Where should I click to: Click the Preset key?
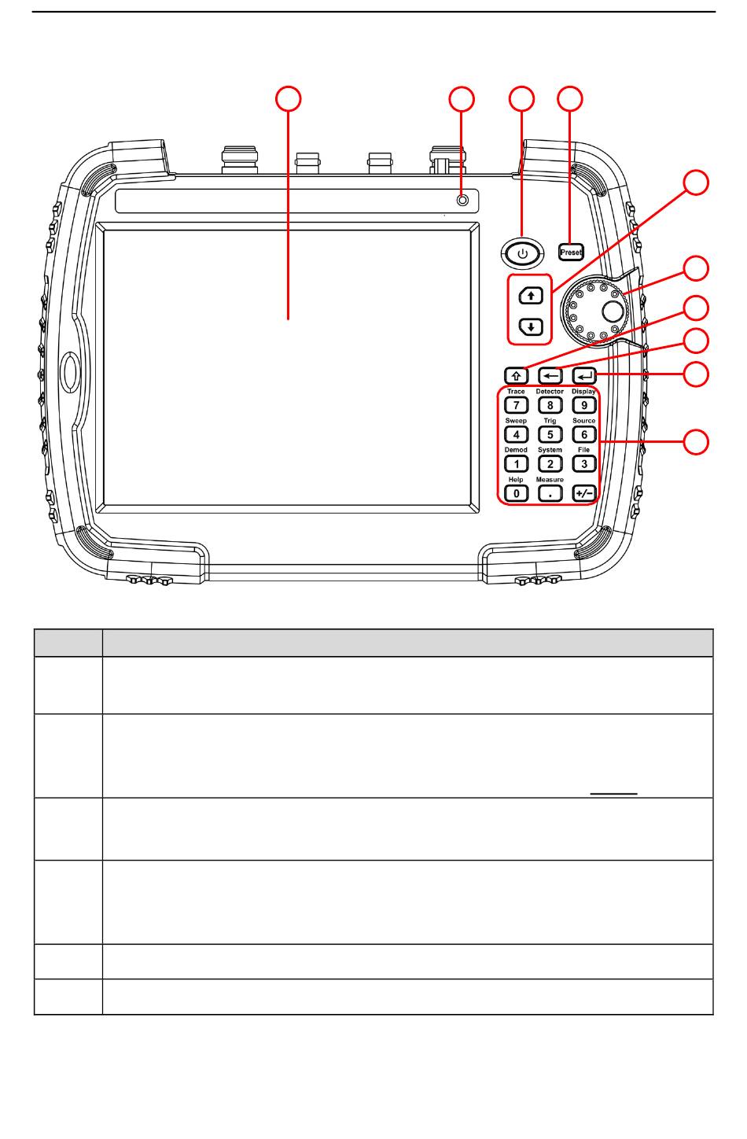[572, 252]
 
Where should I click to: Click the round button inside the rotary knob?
[613, 311]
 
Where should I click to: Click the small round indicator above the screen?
[463, 201]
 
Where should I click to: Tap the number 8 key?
[550, 405]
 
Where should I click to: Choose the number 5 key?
[550, 434]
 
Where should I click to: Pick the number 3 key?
[583, 463]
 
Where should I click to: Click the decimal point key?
[550, 493]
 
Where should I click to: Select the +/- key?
[583, 493]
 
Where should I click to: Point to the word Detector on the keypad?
[550, 392]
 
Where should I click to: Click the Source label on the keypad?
[583, 421]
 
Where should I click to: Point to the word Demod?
[516, 450]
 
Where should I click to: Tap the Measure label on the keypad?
[550, 479]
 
